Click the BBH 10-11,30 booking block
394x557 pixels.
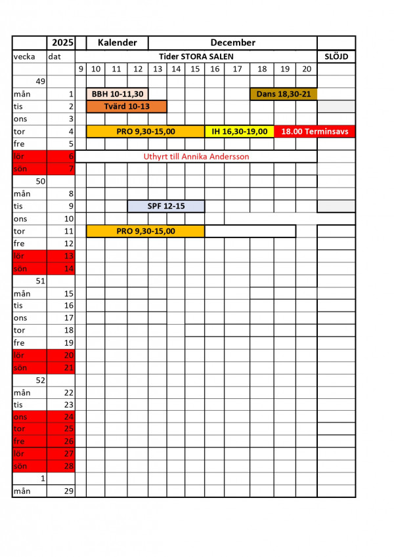[118, 94]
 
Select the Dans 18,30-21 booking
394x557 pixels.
[284, 94]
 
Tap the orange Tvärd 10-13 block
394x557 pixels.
[127, 106]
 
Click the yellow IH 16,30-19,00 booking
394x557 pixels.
[239, 131]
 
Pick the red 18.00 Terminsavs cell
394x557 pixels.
[315, 131]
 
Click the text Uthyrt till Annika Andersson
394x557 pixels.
[196, 156]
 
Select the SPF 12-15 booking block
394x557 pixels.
[166, 206]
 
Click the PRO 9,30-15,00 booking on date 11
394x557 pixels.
[145, 231]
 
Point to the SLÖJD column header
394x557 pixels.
[336, 56]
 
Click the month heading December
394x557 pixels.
[233, 43]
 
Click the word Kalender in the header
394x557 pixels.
[117, 43]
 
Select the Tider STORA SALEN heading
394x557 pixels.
[196, 56]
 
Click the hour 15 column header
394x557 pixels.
[195, 69]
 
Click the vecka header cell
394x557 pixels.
[29, 56]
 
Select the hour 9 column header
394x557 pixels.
[81, 69]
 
